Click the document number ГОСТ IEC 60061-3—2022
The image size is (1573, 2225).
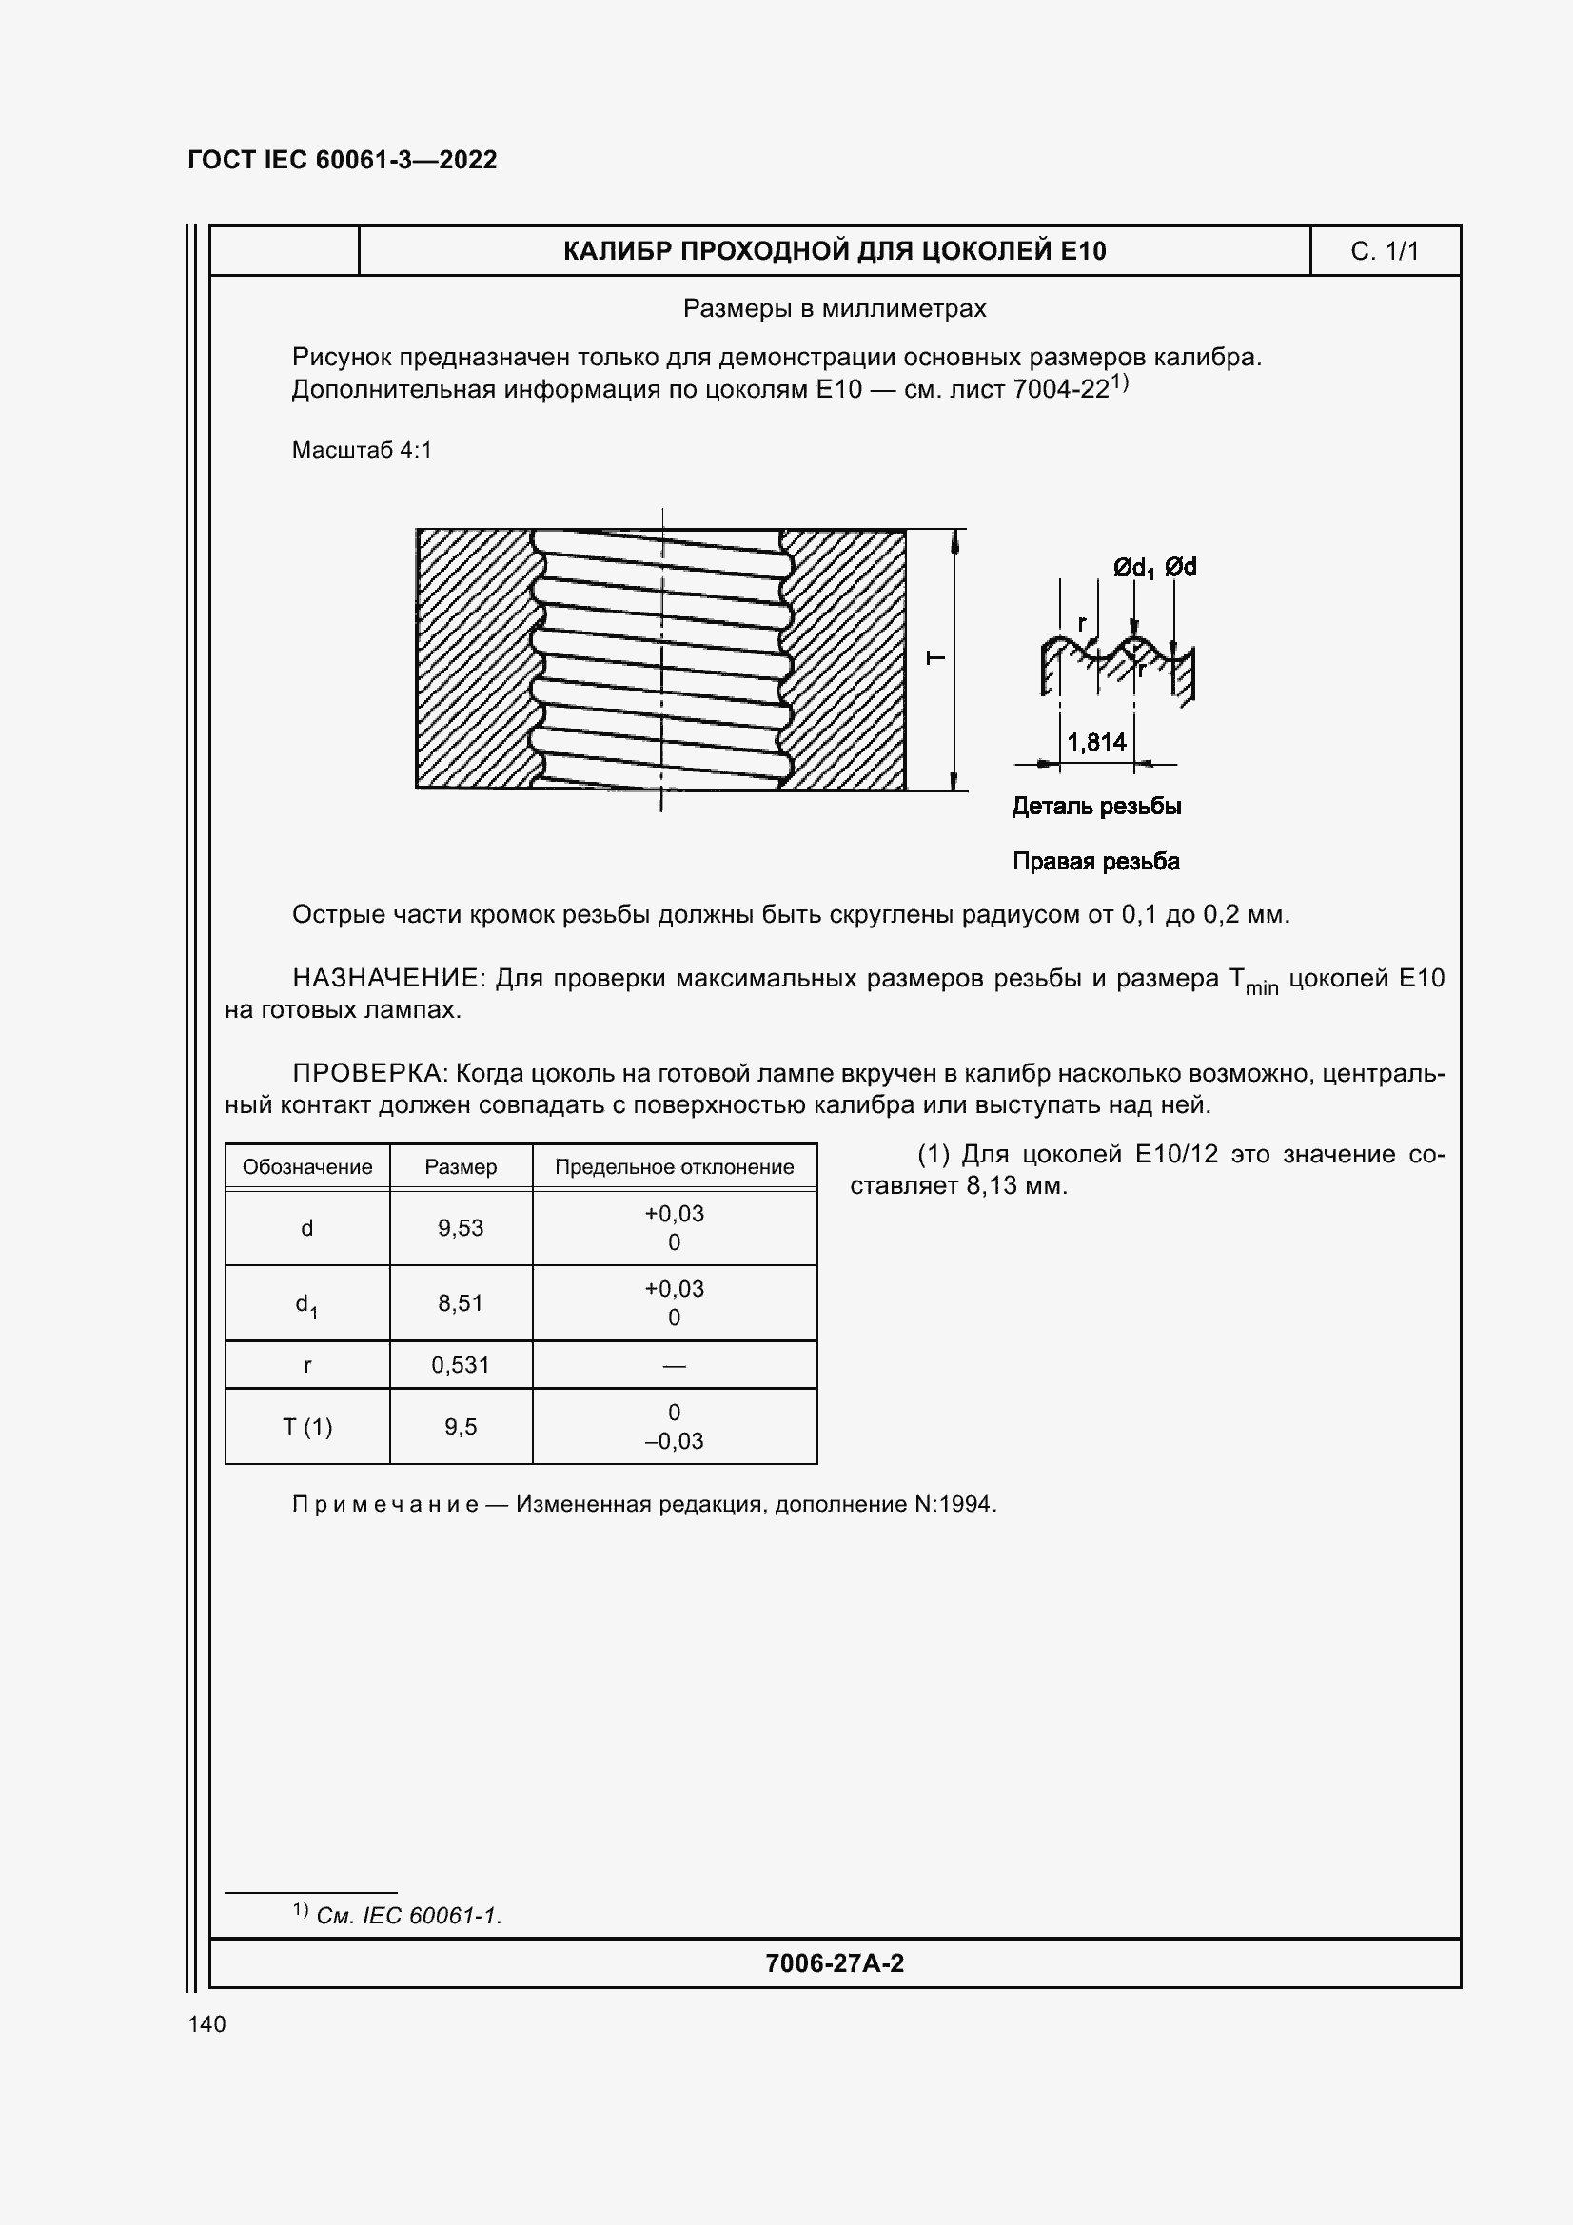click(342, 160)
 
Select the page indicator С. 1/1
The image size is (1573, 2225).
click(1384, 252)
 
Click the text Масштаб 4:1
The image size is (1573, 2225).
click(362, 450)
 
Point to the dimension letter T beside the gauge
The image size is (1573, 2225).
click(936, 659)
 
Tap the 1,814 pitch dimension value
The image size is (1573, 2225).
click(1096, 742)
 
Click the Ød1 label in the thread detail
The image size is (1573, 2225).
click(1132, 568)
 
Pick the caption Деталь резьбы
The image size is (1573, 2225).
click(1096, 807)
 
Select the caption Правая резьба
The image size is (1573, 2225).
click(1095, 862)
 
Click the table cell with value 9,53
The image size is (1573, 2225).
click(461, 1228)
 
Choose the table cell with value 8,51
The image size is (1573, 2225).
click(461, 1303)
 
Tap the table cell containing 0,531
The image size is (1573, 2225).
click(461, 1365)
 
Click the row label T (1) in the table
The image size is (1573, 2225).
click(307, 1427)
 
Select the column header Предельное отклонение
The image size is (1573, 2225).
click(674, 1167)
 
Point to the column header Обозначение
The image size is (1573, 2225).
click(307, 1167)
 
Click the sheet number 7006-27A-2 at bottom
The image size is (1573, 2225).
click(834, 1963)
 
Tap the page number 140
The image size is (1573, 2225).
click(206, 2024)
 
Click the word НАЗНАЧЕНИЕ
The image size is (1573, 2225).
click(384, 979)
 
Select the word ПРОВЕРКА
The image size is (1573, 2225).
click(368, 1074)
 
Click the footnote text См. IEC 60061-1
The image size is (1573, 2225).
click(408, 1916)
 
